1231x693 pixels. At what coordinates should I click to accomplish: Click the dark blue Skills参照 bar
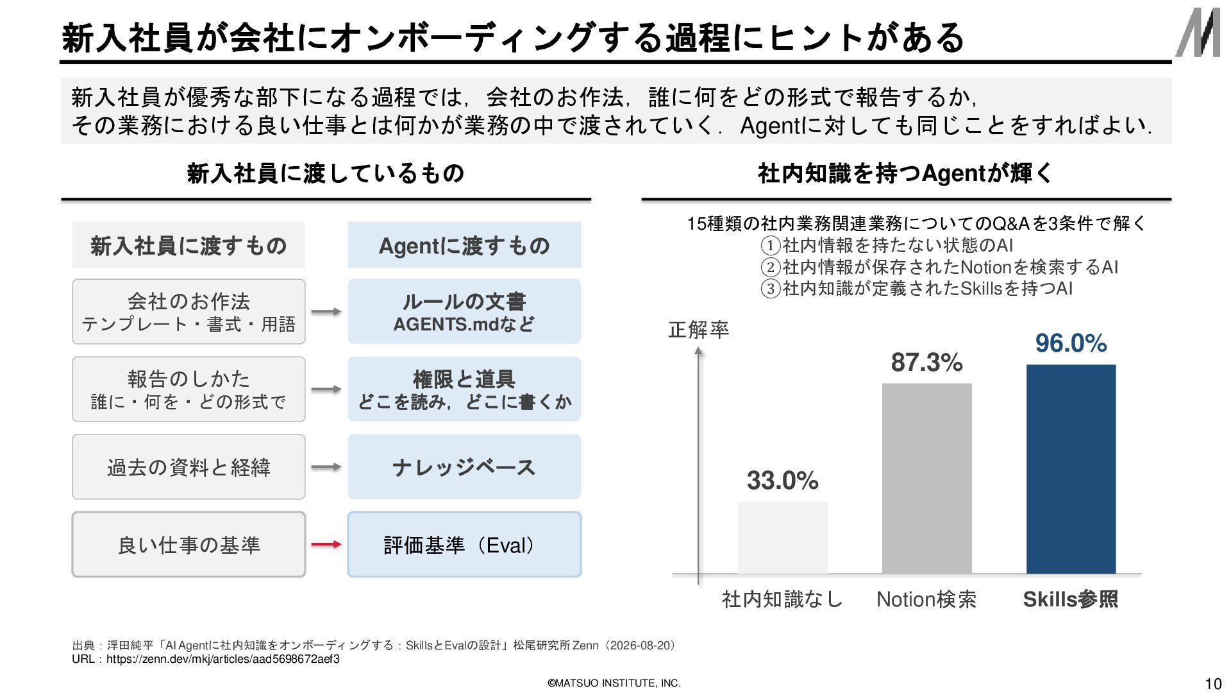click(1071, 469)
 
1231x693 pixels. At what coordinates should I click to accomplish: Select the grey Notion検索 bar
click(926, 478)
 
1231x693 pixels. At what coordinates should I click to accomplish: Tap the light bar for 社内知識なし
click(782, 538)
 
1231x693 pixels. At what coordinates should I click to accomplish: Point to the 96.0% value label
click(1071, 343)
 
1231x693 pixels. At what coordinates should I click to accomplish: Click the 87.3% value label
click(926, 363)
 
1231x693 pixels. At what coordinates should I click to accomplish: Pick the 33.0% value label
click(782, 481)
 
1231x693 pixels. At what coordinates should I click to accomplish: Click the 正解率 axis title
click(698, 330)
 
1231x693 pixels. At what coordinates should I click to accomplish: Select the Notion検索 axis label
click(926, 599)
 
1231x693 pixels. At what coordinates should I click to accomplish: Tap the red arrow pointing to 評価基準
click(326, 545)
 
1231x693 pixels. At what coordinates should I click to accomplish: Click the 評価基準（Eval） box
click(464, 545)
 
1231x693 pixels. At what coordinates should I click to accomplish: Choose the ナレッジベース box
click(464, 467)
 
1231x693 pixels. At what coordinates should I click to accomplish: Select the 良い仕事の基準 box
click(188, 545)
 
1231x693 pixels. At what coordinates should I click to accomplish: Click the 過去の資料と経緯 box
click(188, 467)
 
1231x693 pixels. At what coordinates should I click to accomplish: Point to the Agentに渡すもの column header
click(464, 245)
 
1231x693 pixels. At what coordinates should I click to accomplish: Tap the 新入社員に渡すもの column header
click(188, 245)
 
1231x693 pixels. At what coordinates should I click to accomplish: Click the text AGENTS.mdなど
click(464, 324)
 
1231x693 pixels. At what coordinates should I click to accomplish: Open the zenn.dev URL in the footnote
click(223, 659)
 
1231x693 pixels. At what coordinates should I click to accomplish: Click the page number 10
click(1213, 684)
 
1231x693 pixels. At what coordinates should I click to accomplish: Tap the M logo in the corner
click(1198, 33)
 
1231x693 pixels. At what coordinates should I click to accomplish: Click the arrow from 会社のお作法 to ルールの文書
click(326, 312)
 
